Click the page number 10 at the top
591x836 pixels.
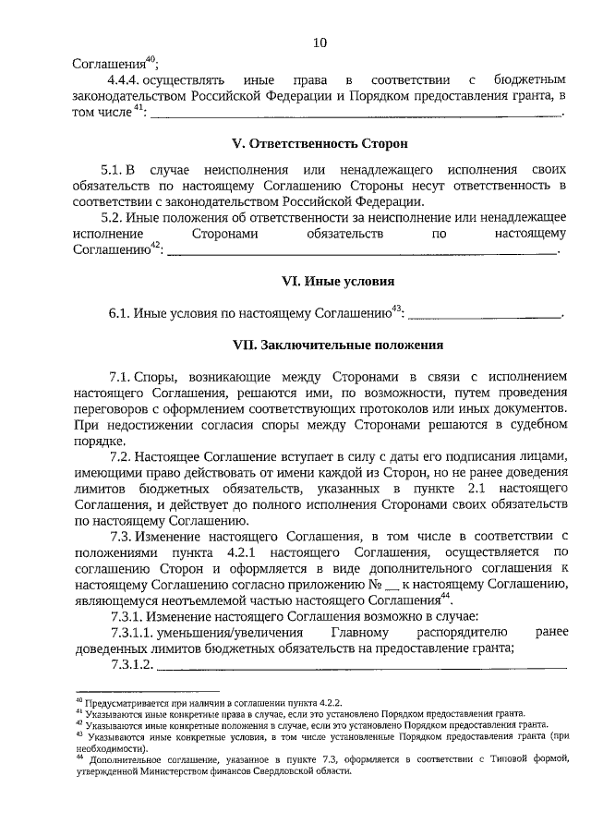click(320, 42)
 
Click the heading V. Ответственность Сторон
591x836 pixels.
click(320, 144)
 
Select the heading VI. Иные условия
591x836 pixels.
click(320, 281)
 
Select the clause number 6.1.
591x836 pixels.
click(119, 313)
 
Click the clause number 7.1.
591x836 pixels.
click(121, 377)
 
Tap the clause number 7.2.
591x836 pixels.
click(121, 456)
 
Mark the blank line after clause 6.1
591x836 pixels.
click(484, 315)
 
